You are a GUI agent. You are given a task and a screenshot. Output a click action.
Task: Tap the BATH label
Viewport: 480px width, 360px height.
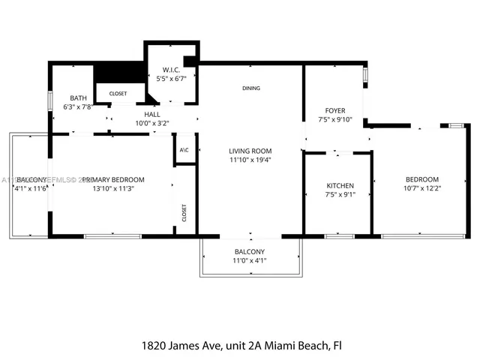point(78,98)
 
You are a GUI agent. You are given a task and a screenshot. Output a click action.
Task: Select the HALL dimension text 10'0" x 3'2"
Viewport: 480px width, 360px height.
point(152,123)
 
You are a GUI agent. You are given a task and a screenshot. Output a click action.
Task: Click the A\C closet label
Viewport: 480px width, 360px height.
point(184,150)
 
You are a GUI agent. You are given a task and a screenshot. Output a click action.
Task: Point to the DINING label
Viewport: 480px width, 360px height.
point(250,88)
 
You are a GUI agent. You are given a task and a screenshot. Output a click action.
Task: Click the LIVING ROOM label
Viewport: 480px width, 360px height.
point(250,151)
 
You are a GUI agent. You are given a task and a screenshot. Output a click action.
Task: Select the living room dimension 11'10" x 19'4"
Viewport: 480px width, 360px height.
point(250,160)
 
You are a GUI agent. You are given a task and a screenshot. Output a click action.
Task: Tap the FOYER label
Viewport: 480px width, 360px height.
point(334,110)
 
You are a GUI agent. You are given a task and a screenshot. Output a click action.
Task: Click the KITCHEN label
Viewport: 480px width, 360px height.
point(340,185)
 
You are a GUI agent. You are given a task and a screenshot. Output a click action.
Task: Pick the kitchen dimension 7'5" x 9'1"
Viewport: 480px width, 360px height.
point(340,195)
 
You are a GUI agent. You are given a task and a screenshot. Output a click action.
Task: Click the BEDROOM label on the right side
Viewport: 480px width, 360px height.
point(421,179)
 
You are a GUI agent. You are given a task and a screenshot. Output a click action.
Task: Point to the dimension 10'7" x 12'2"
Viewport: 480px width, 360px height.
point(421,189)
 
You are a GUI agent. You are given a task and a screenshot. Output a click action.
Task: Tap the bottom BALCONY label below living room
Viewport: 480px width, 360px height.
point(250,251)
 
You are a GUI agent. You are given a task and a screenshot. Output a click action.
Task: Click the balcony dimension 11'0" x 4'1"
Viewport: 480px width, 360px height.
point(250,260)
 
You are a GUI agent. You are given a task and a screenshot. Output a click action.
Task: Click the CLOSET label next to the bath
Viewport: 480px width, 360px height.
point(118,94)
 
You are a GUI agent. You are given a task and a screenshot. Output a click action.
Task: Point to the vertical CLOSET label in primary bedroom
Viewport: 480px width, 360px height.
point(184,213)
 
